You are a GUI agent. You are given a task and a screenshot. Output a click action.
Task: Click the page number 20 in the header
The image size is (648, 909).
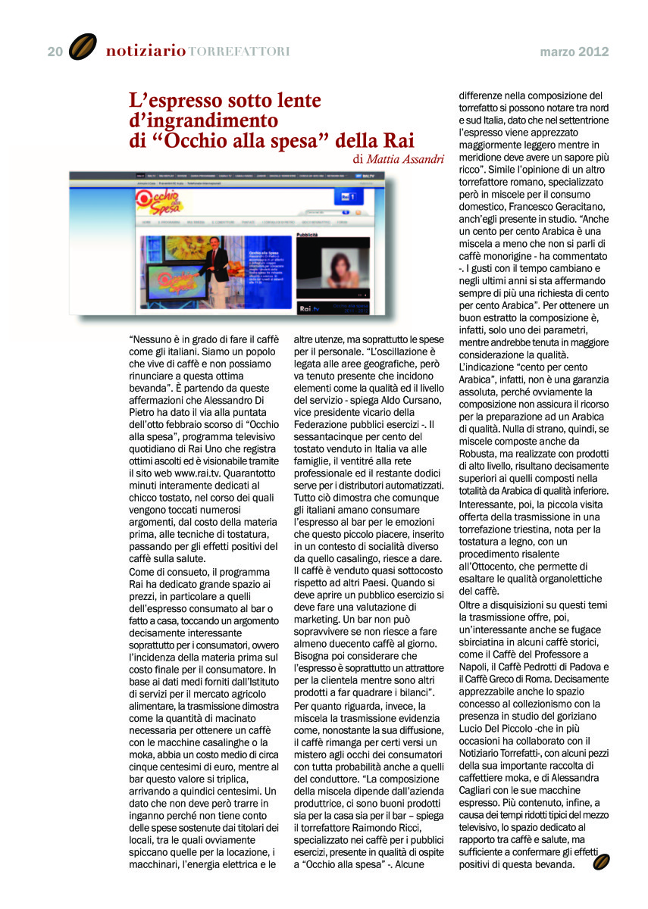(55, 52)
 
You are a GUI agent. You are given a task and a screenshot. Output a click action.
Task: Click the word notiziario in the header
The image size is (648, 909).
(146, 52)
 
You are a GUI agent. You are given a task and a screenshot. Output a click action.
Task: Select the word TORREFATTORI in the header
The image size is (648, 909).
(238, 52)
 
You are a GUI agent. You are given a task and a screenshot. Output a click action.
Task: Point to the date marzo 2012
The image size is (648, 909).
(574, 52)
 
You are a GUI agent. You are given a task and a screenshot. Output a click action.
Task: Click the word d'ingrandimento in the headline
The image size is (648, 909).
(203, 120)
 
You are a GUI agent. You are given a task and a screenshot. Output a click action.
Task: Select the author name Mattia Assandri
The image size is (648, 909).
(405, 159)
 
